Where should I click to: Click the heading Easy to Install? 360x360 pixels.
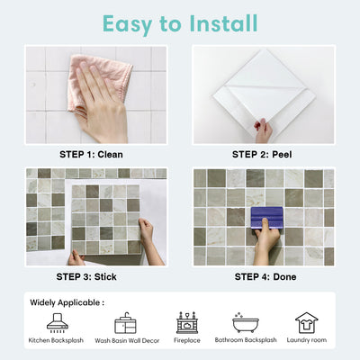[x=180, y=23]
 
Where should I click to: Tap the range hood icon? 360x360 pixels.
[x=57, y=322]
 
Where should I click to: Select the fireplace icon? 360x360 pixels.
[x=186, y=322]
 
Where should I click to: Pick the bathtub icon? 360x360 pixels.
[x=246, y=322]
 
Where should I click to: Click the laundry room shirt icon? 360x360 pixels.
[x=306, y=322]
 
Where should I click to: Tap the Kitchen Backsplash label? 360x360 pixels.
[x=57, y=341]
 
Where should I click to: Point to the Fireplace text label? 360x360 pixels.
[x=186, y=341]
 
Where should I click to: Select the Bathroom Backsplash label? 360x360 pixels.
[x=246, y=341]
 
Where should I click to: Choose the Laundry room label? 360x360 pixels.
[x=306, y=341]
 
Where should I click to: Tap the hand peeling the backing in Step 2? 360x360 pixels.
[x=264, y=130]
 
